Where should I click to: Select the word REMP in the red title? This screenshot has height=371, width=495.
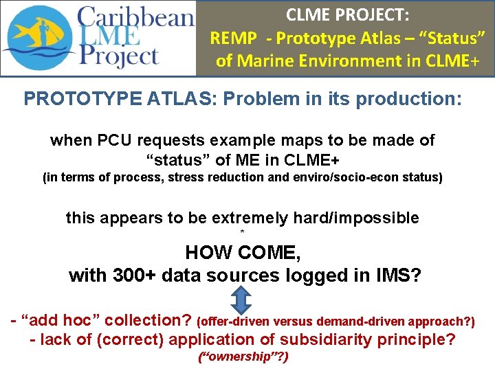tap(231, 38)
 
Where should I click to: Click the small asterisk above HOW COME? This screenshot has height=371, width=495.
tap(242, 234)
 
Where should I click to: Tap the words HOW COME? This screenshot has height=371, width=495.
tap(243, 253)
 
